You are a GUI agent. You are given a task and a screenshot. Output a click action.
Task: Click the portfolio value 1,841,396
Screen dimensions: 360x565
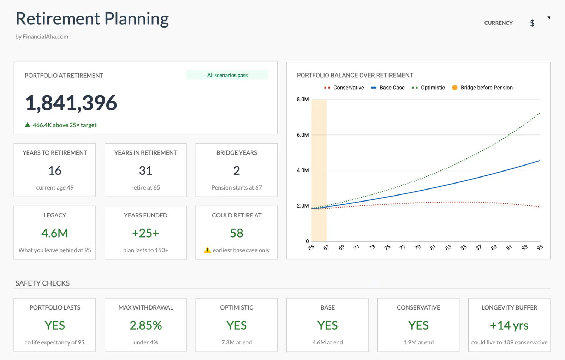pyautogui.click(x=71, y=103)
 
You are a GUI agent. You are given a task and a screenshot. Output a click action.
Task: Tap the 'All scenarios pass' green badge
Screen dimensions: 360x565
pyautogui.click(x=227, y=75)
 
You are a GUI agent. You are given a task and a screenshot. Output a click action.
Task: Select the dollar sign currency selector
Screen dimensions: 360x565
pyautogui.click(x=532, y=23)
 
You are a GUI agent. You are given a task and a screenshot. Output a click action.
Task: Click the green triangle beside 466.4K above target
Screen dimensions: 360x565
pyautogui.click(x=28, y=125)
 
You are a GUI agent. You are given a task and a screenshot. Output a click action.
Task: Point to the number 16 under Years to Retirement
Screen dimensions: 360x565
pyautogui.click(x=55, y=170)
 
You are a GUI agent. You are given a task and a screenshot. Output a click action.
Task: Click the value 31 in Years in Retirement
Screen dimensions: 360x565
pyautogui.click(x=145, y=170)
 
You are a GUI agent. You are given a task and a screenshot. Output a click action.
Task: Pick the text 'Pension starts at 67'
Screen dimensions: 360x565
pyautogui.click(x=237, y=188)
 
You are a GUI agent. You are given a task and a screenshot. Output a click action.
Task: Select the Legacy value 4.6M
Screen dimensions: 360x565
pyautogui.click(x=55, y=233)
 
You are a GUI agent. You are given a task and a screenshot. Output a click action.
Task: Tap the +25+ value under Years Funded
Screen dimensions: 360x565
pyautogui.click(x=145, y=233)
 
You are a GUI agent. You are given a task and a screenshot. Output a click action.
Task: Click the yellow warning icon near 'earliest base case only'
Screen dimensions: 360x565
pyautogui.click(x=207, y=250)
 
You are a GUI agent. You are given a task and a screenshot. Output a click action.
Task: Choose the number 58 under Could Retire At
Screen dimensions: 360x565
pyautogui.click(x=237, y=233)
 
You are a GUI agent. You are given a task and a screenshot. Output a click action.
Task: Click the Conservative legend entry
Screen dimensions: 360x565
pyautogui.click(x=344, y=88)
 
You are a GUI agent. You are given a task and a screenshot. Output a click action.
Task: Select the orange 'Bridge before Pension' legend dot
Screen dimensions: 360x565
pyautogui.click(x=455, y=88)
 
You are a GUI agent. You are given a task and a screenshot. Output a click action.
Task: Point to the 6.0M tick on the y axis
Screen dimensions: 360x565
pyautogui.click(x=303, y=135)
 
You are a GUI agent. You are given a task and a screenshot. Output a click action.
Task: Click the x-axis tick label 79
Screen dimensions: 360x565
pyautogui.click(x=417, y=248)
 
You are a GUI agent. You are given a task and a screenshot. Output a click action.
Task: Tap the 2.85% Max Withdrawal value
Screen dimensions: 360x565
pyautogui.click(x=145, y=325)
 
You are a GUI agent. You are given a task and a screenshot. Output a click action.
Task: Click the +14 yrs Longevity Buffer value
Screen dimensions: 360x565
pyautogui.click(x=509, y=325)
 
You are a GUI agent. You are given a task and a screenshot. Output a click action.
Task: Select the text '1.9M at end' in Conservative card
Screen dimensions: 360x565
pyautogui.click(x=418, y=342)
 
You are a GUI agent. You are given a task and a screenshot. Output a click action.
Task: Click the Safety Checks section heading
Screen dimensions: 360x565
pyautogui.click(x=42, y=283)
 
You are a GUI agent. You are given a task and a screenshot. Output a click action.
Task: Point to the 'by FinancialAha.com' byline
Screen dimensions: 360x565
pyautogui.click(x=42, y=37)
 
